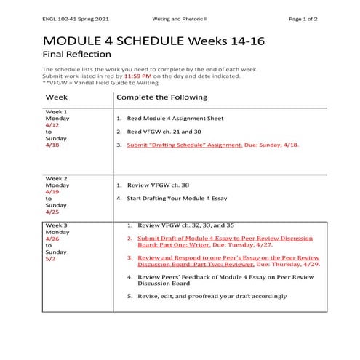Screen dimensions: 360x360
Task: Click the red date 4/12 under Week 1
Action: point(51,124)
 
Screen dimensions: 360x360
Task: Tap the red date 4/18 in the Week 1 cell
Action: point(51,145)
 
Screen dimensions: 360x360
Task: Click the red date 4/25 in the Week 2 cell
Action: point(51,212)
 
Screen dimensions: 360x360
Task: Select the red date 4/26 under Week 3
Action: point(51,239)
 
